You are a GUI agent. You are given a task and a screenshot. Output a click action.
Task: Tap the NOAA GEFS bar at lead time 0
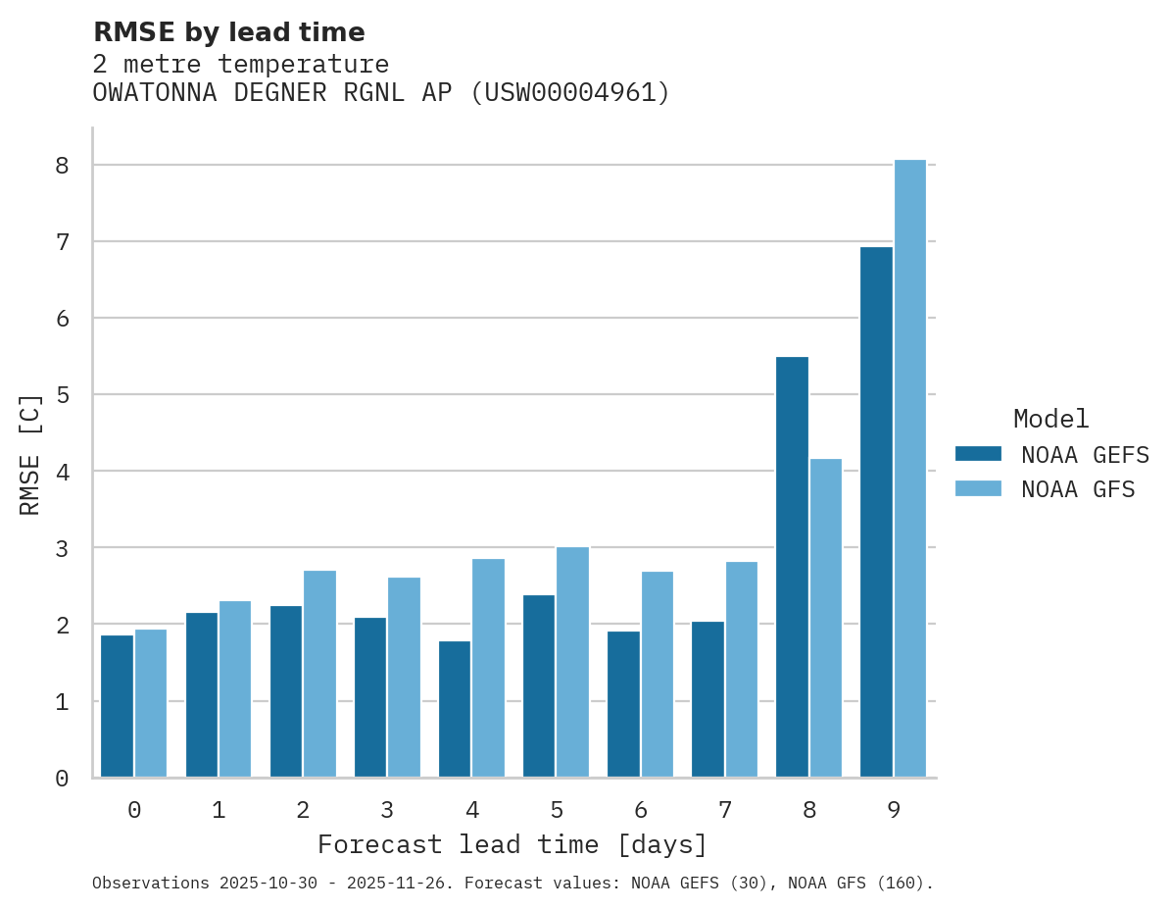117,706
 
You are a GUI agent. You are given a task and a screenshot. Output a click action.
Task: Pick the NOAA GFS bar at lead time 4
488,668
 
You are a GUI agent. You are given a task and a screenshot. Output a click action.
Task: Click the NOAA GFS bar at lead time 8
825,618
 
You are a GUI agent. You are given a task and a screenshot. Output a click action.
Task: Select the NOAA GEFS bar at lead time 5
539,685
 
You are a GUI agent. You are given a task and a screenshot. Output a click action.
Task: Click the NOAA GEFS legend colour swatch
978,454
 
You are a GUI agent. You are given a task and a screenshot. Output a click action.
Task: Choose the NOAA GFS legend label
1077,489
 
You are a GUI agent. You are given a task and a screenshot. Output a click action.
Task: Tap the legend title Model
1050,419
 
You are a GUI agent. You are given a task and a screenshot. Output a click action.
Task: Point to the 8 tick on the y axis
62,165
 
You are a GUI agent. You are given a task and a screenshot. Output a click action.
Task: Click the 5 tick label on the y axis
62,395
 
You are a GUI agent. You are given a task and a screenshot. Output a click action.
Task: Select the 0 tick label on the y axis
62,779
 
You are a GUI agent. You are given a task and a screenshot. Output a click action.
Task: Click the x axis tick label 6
640,810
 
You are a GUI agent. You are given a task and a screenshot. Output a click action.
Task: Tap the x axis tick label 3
387,810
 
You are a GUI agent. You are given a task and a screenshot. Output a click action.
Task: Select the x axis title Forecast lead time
512,844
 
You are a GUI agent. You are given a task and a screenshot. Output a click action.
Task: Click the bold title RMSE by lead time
228,32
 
